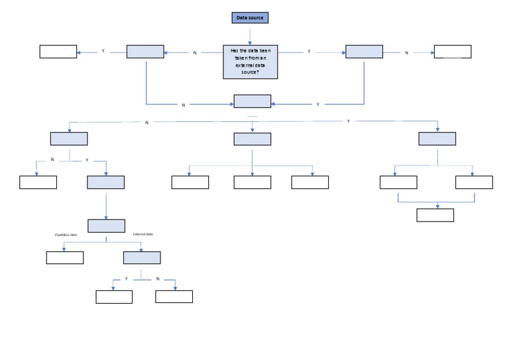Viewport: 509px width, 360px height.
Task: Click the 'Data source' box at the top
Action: pos(250,18)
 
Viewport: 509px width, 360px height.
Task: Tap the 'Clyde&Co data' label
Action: pos(66,235)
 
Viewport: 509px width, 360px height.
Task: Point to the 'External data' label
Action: pos(143,235)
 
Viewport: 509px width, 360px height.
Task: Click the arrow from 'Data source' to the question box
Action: pos(250,34)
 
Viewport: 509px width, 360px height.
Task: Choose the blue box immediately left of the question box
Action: pos(144,52)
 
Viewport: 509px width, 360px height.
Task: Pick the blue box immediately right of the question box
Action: pos(364,52)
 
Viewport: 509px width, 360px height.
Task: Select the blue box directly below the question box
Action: pos(253,101)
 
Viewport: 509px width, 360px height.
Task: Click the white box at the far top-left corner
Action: pos(58,52)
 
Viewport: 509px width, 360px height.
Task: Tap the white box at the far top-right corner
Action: pos(453,52)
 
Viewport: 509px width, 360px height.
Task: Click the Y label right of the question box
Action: pos(309,52)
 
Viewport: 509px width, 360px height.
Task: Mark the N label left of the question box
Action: pos(194,52)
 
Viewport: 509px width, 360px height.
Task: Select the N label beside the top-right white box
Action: pos(406,52)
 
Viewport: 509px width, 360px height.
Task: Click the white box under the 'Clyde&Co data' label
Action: pos(65,258)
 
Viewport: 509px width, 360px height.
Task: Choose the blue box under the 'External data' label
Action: pos(142,258)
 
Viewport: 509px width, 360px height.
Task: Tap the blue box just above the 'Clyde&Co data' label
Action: pos(106,225)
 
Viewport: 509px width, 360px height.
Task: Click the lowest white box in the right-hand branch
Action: pos(435,215)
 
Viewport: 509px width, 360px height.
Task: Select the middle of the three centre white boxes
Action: pos(252,182)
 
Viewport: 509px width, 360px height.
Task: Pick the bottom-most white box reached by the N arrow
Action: pos(174,296)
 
